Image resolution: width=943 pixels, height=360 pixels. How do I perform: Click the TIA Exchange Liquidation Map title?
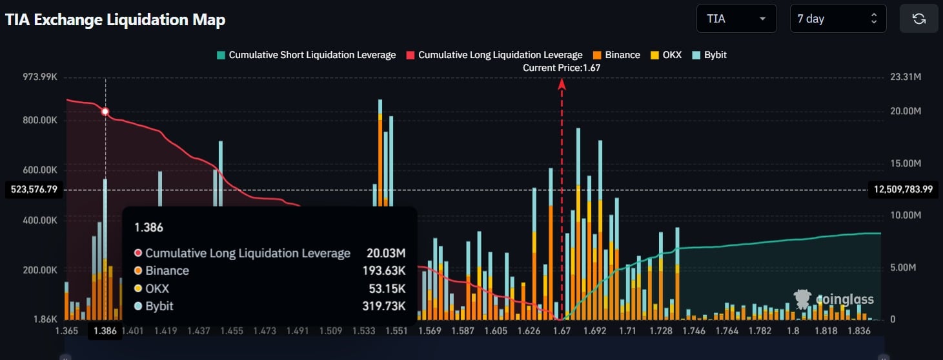(116, 19)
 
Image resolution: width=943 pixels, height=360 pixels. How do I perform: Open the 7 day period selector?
(837, 19)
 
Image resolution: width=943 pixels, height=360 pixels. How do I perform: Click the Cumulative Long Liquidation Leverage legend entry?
(494, 55)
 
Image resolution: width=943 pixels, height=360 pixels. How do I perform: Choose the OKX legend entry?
(668, 55)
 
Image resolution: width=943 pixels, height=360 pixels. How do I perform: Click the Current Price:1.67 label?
(562, 68)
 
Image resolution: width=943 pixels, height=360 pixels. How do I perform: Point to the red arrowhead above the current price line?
(562, 83)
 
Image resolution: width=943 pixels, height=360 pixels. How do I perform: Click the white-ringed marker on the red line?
(105, 112)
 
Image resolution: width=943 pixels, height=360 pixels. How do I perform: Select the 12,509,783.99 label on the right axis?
(903, 190)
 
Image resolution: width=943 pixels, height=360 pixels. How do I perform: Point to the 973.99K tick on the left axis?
(41, 77)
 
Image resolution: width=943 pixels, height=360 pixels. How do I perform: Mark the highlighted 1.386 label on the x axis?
(105, 331)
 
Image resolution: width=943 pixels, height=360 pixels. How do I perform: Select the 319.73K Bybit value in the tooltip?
(384, 306)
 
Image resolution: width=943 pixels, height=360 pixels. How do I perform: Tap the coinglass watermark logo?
(834, 299)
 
